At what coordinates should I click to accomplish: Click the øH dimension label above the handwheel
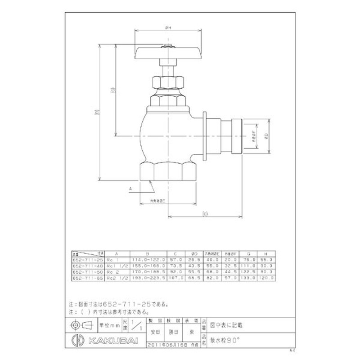[167, 28]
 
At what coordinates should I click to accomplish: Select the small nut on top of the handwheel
[167, 45]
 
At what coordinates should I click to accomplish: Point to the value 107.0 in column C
[176, 278]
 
